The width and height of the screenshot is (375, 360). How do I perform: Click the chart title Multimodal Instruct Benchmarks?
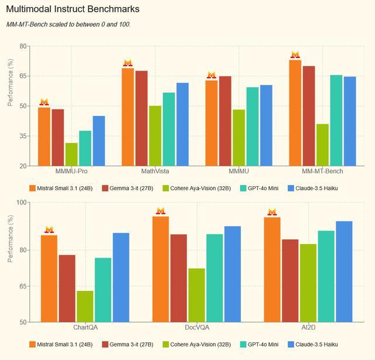73,10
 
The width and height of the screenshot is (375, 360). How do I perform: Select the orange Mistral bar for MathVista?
128,117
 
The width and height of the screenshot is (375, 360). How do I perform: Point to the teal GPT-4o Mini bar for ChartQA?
103,290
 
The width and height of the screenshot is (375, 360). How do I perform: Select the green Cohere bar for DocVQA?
197,295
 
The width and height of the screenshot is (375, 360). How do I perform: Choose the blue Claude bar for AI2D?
344,272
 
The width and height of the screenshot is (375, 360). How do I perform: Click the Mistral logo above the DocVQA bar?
161,211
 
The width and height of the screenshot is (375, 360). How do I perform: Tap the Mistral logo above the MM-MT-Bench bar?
295,55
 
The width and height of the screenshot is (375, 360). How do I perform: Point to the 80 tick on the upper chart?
23,46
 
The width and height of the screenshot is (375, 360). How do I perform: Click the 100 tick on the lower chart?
21,203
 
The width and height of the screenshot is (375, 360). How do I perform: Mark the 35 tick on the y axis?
23,136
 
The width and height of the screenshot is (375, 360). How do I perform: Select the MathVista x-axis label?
155,172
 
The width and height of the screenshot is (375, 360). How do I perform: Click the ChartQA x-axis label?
85,327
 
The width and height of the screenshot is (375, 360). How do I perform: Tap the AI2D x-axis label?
309,327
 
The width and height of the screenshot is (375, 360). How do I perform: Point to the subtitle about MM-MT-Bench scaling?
68,25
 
